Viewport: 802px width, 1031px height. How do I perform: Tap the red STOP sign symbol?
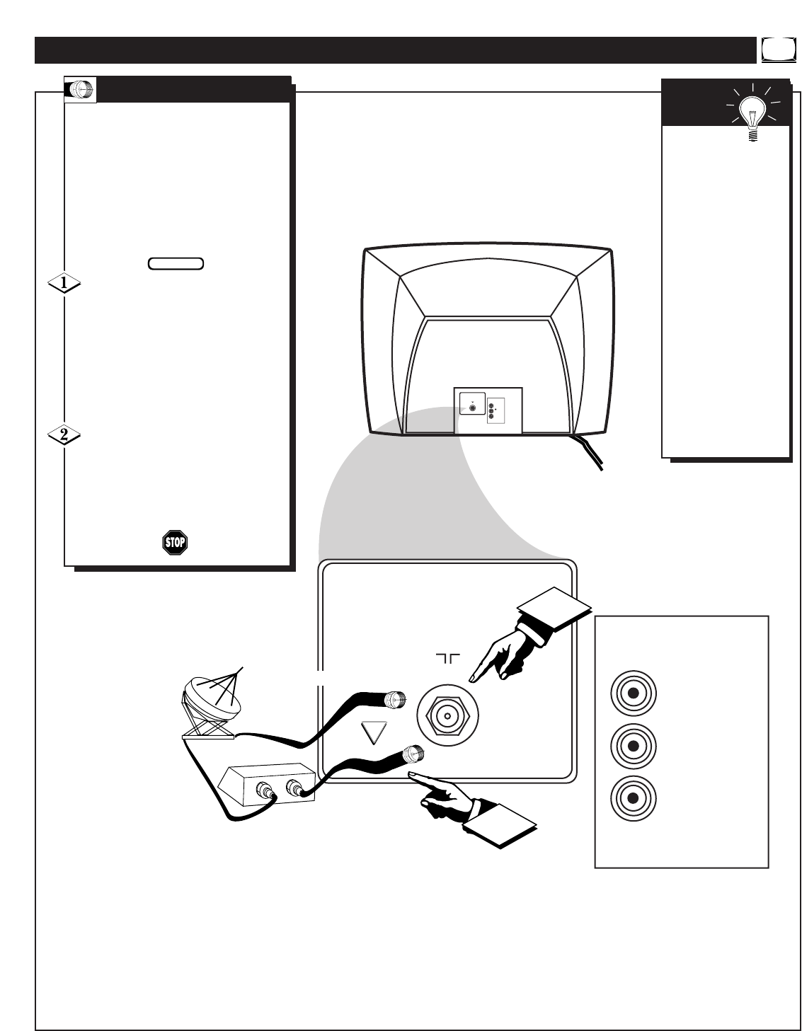coord(174,543)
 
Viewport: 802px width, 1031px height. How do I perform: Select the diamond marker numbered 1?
coord(64,284)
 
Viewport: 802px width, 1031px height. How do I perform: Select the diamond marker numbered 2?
coord(64,435)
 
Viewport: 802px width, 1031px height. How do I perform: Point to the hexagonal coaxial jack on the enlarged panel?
coord(446,715)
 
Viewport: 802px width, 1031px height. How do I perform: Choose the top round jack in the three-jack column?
coord(633,692)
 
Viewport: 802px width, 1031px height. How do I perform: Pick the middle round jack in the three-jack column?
coord(633,745)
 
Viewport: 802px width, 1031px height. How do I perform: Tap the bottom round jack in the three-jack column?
coord(633,798)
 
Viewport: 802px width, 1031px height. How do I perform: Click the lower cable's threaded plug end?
coord(412,754)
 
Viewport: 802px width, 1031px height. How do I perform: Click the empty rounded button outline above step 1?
coord(176,263)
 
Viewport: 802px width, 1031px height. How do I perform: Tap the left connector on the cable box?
coord(267,788)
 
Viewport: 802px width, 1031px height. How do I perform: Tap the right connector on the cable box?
coord(294,788)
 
